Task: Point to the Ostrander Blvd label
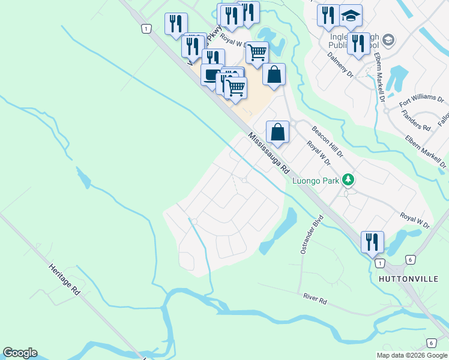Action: pyautogui.click(x=312, y=234)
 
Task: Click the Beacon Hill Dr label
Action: pyautogui.click(x=327, y=142)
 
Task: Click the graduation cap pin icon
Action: pyautogui.click(x=351, y=15)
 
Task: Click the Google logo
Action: pyautogui.click(x=20, y=353)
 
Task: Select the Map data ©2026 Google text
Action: pyautogui.click(x=412, y=355)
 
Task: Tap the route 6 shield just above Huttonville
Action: pyautogui.click(x=411, y=259)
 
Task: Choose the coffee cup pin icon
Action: pyautogui.click(x=212, y=75)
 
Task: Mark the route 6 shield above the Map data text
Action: pyautogui.click(x=431, y=343)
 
